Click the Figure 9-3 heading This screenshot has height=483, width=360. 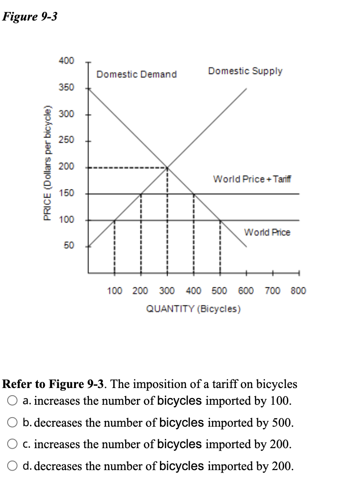pos(30,17)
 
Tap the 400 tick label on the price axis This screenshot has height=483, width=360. pos(66,61)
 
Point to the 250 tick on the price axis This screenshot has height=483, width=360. pos(66,140)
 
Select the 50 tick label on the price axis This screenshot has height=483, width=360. pos(69,246)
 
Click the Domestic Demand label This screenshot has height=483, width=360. pos(137,74)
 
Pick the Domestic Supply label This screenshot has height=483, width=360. pos(245,71)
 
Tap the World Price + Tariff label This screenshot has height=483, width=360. pos(252,179)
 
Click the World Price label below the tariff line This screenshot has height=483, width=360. pos(267,232)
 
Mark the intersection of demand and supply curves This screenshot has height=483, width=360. pos(167,168)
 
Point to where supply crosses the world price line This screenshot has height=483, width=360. pos(114,220)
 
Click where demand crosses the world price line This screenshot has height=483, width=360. pos(220,220)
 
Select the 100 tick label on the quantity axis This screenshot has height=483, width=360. pos(115,290)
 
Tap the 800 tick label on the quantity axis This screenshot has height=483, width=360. pos(298,290)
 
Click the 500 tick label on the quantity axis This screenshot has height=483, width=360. pos(220,290)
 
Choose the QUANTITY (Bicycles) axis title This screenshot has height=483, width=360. pos(193,308)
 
